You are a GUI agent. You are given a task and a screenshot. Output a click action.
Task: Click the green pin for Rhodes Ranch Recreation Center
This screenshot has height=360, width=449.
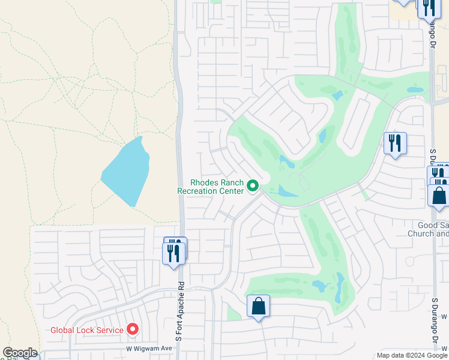pyautogui.click(x=253, y=187)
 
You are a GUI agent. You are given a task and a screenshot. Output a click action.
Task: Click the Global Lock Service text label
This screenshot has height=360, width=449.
pyautogui.click(x=87, y=329)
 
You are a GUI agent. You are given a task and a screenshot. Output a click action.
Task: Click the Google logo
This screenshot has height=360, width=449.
pyautogui.click(x=20, y=353)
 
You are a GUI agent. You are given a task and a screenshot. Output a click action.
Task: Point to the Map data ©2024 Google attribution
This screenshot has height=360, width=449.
pyautogui.click(x=411, y=355)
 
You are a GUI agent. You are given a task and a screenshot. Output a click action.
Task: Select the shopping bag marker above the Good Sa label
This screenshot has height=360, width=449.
pyautogui.click(x=439, y=196)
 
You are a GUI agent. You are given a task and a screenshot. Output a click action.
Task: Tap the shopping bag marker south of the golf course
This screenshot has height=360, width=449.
pyautogui.click(x=258, y=307)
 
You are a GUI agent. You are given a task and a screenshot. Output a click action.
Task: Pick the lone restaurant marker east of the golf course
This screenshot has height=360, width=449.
pyautogui.click(x=395, y=143)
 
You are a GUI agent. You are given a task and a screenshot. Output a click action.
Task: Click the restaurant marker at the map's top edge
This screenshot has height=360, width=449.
pyautogui.click(x=429, y=8)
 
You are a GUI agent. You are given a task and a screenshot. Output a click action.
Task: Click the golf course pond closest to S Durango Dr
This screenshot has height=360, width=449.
pyautogui.click(x=415, y=90)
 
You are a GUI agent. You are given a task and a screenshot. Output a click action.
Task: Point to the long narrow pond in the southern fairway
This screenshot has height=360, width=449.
pyautogui.click(x=340, y=288)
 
